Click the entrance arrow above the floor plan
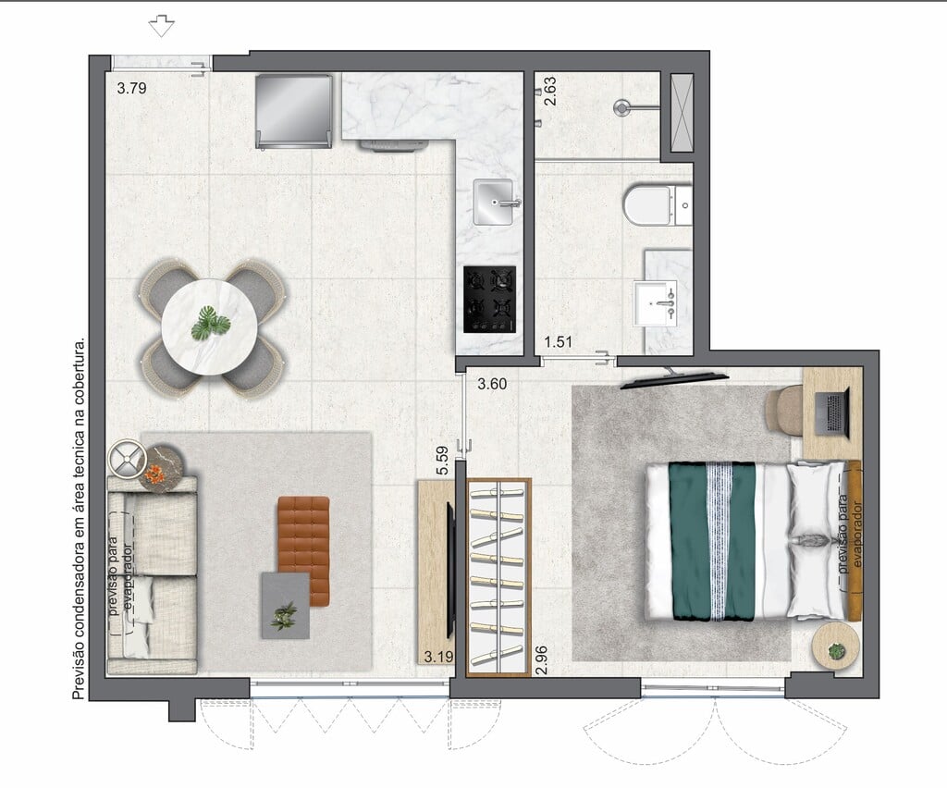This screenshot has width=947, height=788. [x=161, y=26]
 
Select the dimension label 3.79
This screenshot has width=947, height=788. [x=131, y=88]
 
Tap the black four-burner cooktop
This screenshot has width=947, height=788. [x=490, y=299]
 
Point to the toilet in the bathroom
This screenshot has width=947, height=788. [x=658, y=205]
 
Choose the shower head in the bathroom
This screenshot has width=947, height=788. [x=622, y=108]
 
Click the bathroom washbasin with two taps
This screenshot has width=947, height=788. [x=655, y=303]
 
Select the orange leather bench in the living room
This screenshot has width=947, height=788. [x=303, y=551]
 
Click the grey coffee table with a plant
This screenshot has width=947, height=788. [x=286, y=606]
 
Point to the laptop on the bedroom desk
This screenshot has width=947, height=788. [x=833, y=412]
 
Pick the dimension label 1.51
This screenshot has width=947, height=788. [x=558, y=342]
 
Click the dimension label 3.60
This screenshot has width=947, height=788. [x=492, y=384]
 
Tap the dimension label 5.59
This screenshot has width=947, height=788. [x=443, y=460]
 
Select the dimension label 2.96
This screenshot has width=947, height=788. [x=542, y=660]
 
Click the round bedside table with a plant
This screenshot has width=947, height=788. [x=836, y=646]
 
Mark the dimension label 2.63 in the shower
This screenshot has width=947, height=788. [x=550, y=92]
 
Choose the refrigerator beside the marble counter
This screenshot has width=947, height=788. [x=293, y=112]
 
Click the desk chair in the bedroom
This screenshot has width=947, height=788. [x=784, y=411]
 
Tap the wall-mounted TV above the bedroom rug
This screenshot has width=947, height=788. [x=674, y=378]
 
